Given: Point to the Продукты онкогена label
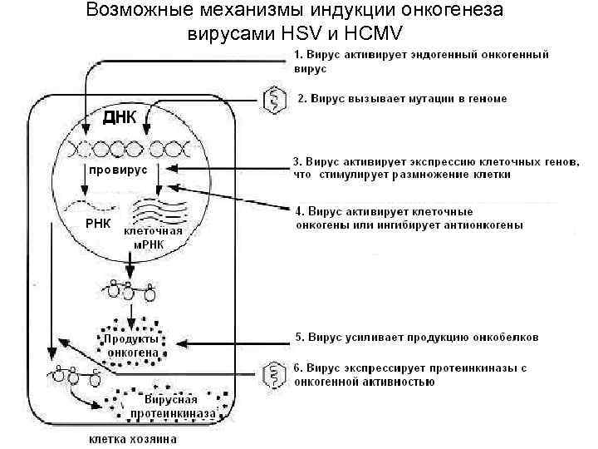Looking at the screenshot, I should (131, 345).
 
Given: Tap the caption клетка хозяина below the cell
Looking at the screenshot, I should (126, 438).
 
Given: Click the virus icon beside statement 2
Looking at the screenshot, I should (272, 100).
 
